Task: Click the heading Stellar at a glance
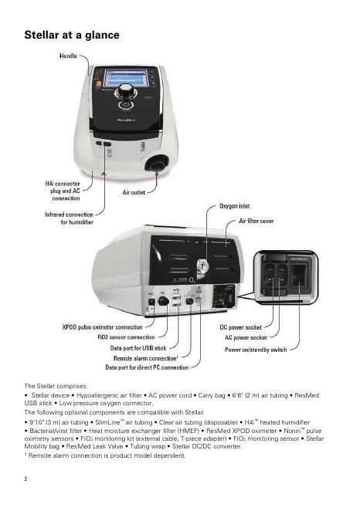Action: click(72, 35)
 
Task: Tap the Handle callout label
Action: click(68, 56)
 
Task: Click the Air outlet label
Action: click(134, 192)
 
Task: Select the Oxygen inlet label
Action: click(234, 206)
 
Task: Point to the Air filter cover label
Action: click(256, 221)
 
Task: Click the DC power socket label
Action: click(241, 327)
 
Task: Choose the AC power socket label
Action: click(246, 337)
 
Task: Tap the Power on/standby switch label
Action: click(256, 350)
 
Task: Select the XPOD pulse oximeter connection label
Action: click(103, 327)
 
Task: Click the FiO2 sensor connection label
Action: click(126, 337)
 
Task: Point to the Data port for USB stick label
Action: click(138, 348)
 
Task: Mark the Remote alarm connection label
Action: click(145, 358)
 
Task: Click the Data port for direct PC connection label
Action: click(147, 367)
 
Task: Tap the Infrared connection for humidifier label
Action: click(69, 218)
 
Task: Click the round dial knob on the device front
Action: click(125, 91)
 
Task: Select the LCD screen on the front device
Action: click(126, 78)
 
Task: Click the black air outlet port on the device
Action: click(157, 164)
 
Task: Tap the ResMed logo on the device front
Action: click(126, 120)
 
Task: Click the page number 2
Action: click(25, 479)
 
